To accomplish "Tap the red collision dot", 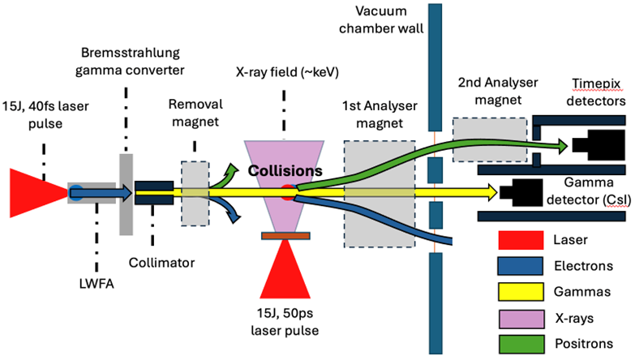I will point(289,192).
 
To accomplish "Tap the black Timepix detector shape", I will point(594,145).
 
